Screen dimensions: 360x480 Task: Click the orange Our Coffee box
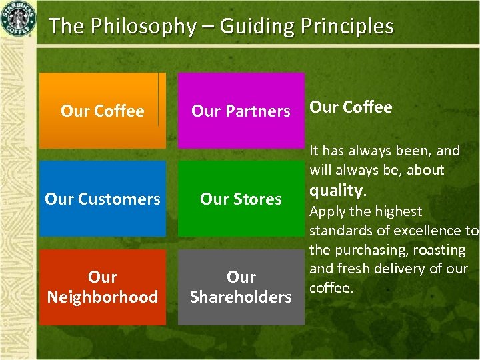click(x=102, y=111)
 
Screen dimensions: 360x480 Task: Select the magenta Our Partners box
click(x=241, y=111)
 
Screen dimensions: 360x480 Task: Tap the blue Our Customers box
click(x=102, y=199)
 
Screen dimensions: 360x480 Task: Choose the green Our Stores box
click(x=241, y=199)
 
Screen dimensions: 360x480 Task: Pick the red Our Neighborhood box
click(x=102, y=287)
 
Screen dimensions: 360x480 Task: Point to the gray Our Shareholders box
click(x=241, y=287)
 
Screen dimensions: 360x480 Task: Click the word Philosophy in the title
click(x=142, y=27)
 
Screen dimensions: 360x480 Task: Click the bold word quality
click(x=337, y=191)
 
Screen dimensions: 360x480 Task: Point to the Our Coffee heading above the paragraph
click(x=351, y=107)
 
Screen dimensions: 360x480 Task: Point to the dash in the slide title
click(x=208, y=27)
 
